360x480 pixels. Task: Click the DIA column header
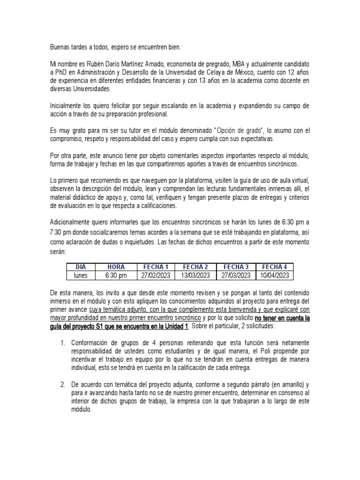(x=81, y=267)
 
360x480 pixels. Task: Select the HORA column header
(x=116, y=267)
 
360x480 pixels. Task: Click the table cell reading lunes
(x=81, y=275)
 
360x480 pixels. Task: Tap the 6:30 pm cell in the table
(x=116, y=275)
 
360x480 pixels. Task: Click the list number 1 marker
(x=63, y=344)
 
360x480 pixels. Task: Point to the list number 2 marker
(x=63, y=384)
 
